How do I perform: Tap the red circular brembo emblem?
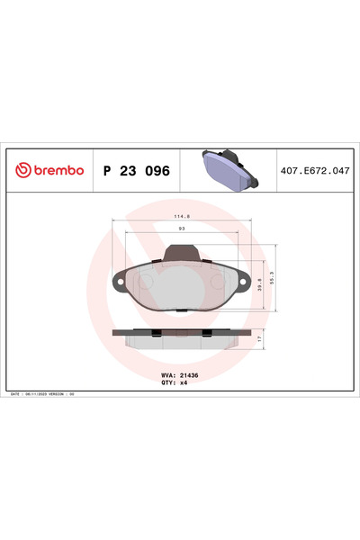pos(21,169)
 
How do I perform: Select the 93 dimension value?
pos(183,229)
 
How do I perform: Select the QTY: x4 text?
pos(174,381)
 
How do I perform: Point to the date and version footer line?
pos(54,394)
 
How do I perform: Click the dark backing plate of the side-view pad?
pos(179,332)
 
